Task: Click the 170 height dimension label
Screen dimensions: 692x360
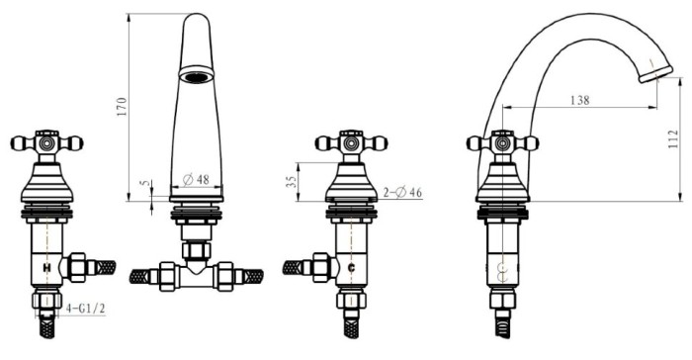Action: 122,107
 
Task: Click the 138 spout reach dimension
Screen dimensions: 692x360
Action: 580,100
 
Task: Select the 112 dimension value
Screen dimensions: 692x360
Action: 673,139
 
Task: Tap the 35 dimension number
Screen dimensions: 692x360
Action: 292,181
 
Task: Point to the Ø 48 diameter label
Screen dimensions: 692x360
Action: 196,180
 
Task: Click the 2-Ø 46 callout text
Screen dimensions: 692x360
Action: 402,193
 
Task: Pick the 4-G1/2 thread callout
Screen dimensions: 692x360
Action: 86,309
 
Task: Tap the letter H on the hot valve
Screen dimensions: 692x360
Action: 46,268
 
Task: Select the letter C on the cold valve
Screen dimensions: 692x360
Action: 351,268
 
